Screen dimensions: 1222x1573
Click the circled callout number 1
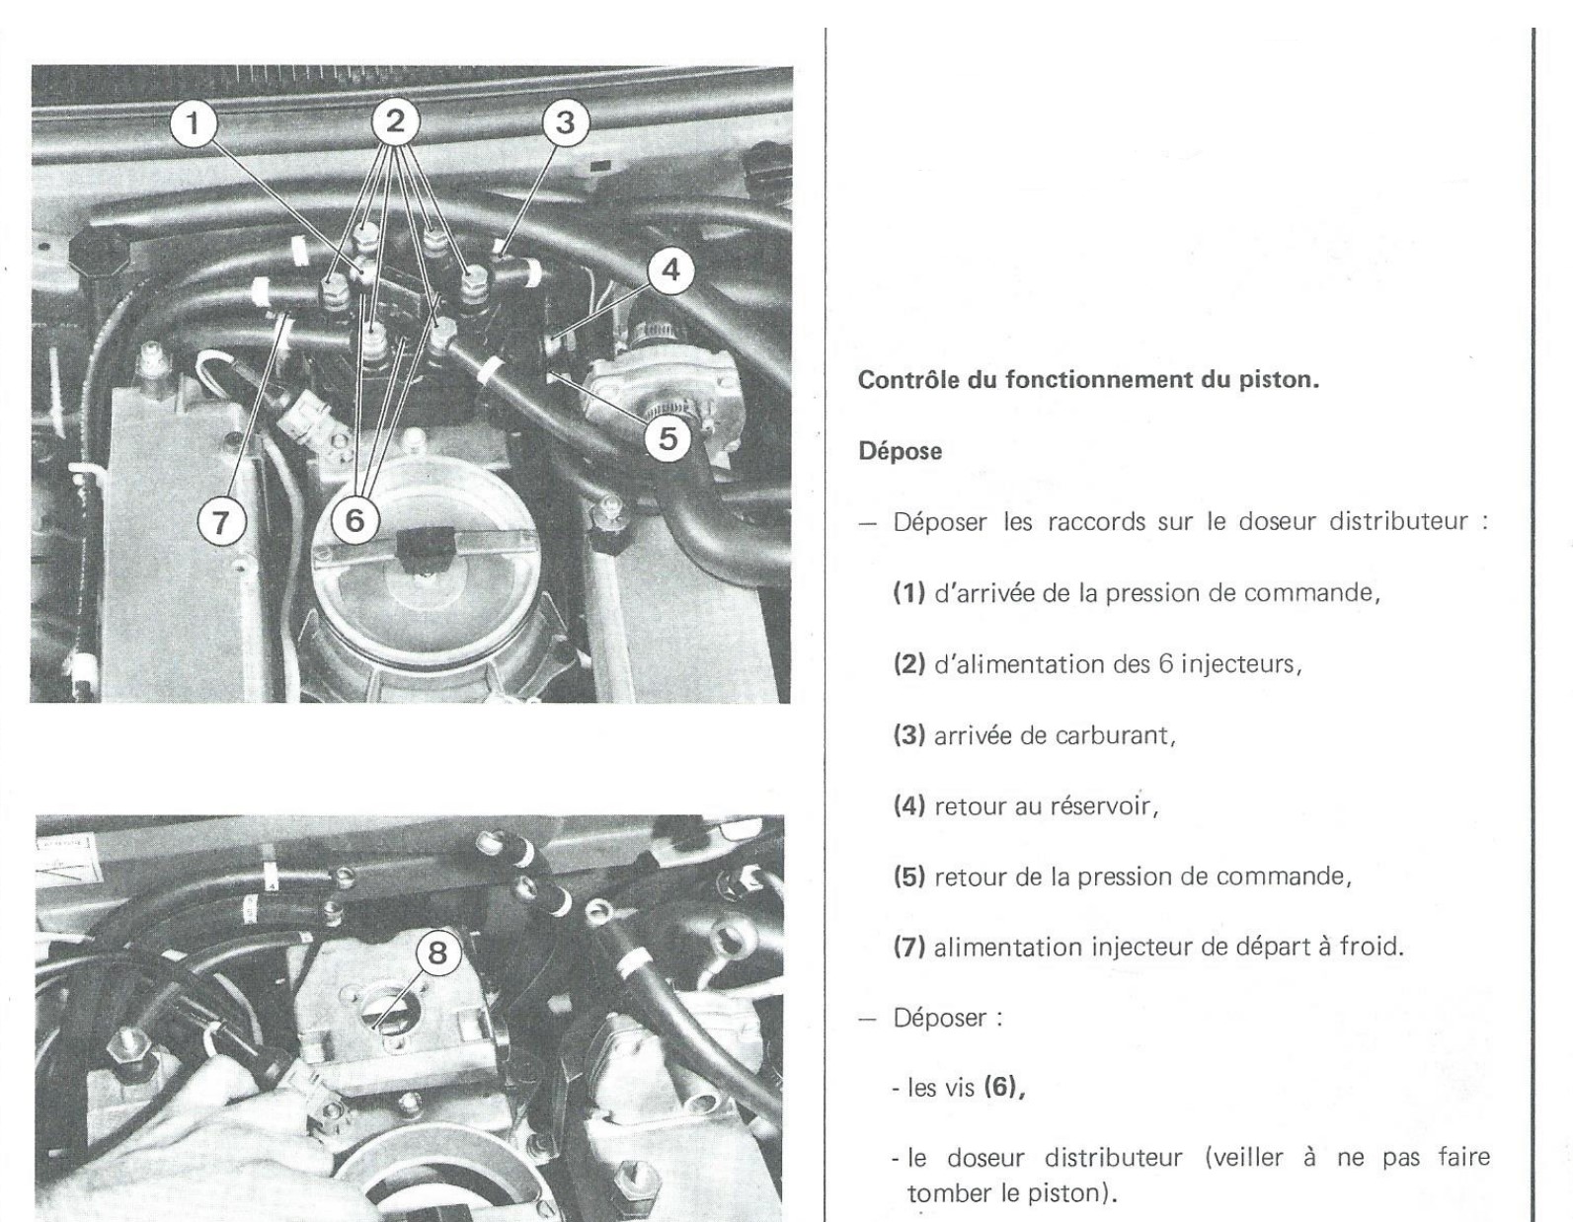coord(196,124)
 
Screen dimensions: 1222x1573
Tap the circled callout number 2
coord(395,122)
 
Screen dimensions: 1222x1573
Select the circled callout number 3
coord(564,124)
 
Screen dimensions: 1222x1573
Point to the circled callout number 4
coord(669,269)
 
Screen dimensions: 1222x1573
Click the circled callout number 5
coord(669,437)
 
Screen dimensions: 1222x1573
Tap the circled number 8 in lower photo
coord(437,954)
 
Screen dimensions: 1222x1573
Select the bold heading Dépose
coord(900,451)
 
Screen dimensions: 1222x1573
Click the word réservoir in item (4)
coord(1104,806)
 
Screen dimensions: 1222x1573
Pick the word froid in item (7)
coord(1369,948)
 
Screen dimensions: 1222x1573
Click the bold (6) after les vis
coord(1002,1089)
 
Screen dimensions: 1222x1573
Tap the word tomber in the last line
coord(949,1192)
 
